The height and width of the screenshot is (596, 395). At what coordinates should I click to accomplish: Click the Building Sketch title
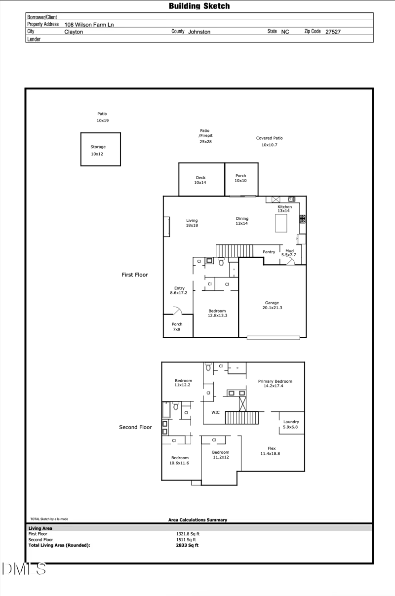[199, 6]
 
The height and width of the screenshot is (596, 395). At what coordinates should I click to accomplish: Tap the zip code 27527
[333, 32]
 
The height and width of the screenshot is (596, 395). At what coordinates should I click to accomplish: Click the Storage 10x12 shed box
[101, 149]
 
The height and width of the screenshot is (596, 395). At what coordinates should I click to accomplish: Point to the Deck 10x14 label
[200, 180]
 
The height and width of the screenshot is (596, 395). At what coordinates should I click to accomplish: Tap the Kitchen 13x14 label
[284, 209]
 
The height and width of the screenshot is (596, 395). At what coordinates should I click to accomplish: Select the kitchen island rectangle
[281, 223]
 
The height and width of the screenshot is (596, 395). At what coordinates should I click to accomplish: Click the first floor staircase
[235, 250]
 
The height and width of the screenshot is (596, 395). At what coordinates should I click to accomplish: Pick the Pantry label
[269, 252]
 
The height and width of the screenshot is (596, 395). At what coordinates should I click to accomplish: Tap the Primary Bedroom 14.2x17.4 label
[275, 383]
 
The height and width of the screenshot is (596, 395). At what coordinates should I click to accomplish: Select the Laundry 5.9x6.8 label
[291, 424]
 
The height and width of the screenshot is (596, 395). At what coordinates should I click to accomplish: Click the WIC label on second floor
[216, 412]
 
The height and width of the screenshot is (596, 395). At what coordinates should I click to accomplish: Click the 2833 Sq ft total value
[187, 546]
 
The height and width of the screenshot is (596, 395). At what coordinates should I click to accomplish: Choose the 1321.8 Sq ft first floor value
[188, 534]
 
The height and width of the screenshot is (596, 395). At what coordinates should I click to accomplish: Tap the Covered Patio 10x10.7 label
[270, 142]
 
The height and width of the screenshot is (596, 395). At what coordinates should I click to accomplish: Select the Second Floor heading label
[135, 427]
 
